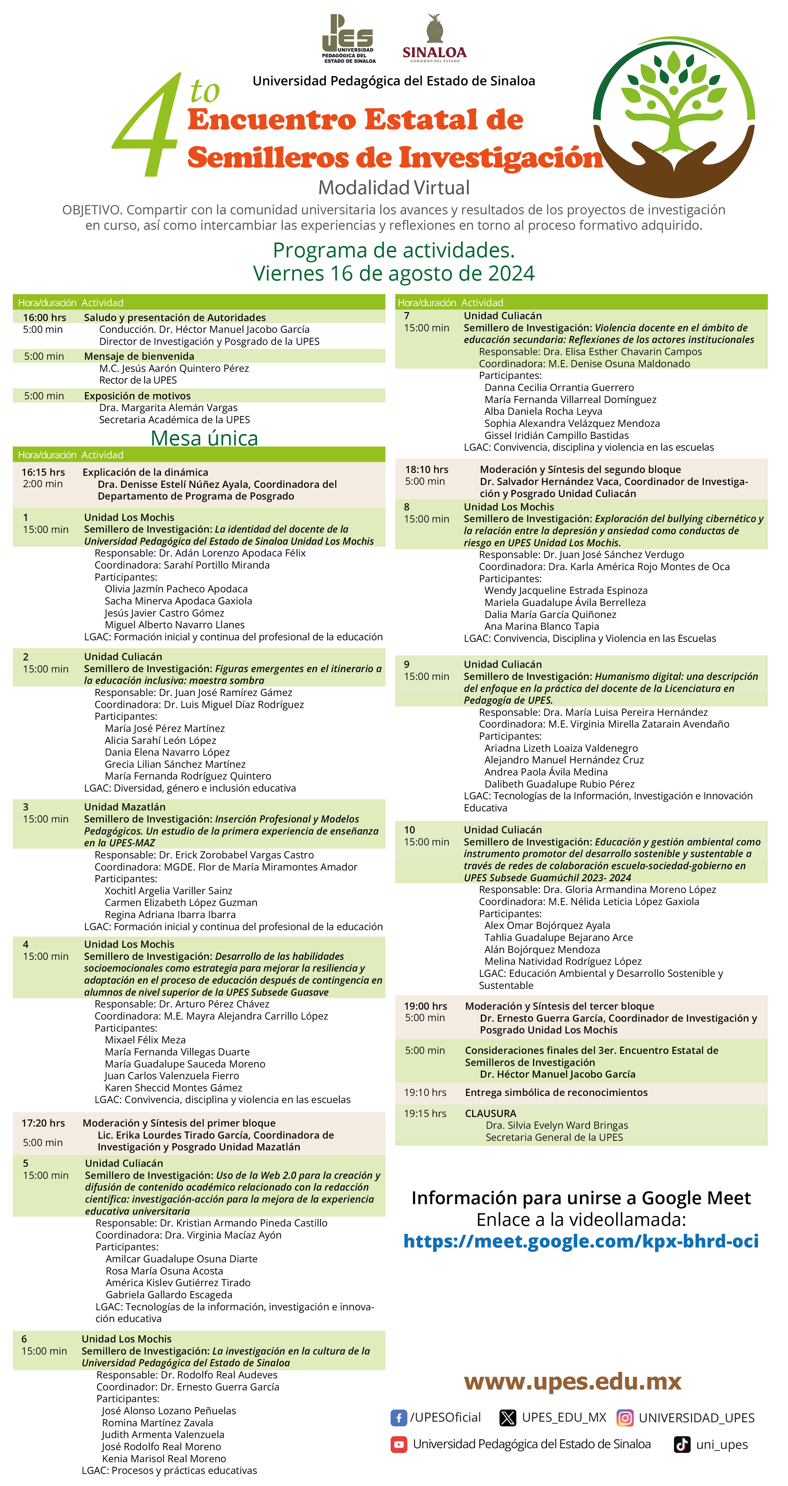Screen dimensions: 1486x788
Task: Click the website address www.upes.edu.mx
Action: click(572, 1381)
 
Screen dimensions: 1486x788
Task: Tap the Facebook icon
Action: click(398, 1417)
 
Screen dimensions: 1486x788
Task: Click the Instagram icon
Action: click(625, 1417)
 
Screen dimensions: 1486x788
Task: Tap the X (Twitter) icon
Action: click(507, 1417)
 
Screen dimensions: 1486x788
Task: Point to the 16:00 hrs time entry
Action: click(44, 317)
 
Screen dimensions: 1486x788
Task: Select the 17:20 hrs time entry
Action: click(43, 1123)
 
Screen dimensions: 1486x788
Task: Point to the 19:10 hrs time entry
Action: click(425, 1092)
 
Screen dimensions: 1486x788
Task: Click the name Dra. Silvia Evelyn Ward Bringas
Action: click(556, 1125)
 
